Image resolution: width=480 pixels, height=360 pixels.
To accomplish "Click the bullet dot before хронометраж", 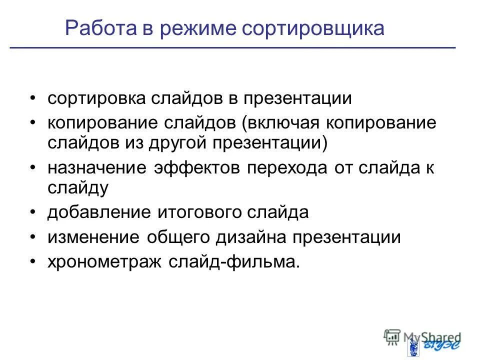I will tap(32, 262).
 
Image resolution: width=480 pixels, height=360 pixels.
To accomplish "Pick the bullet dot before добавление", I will tap(32, 212).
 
